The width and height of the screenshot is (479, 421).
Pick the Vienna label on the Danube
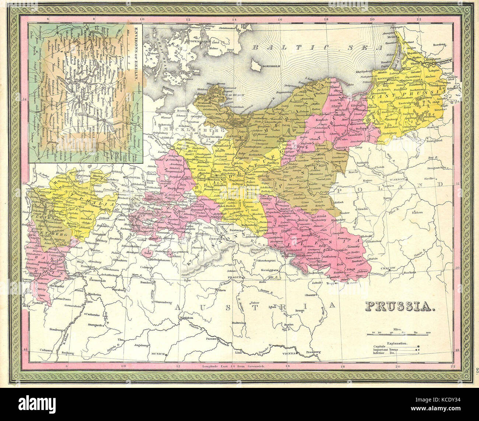[290, 353]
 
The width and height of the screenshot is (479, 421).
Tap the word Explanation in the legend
[397, 343]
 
